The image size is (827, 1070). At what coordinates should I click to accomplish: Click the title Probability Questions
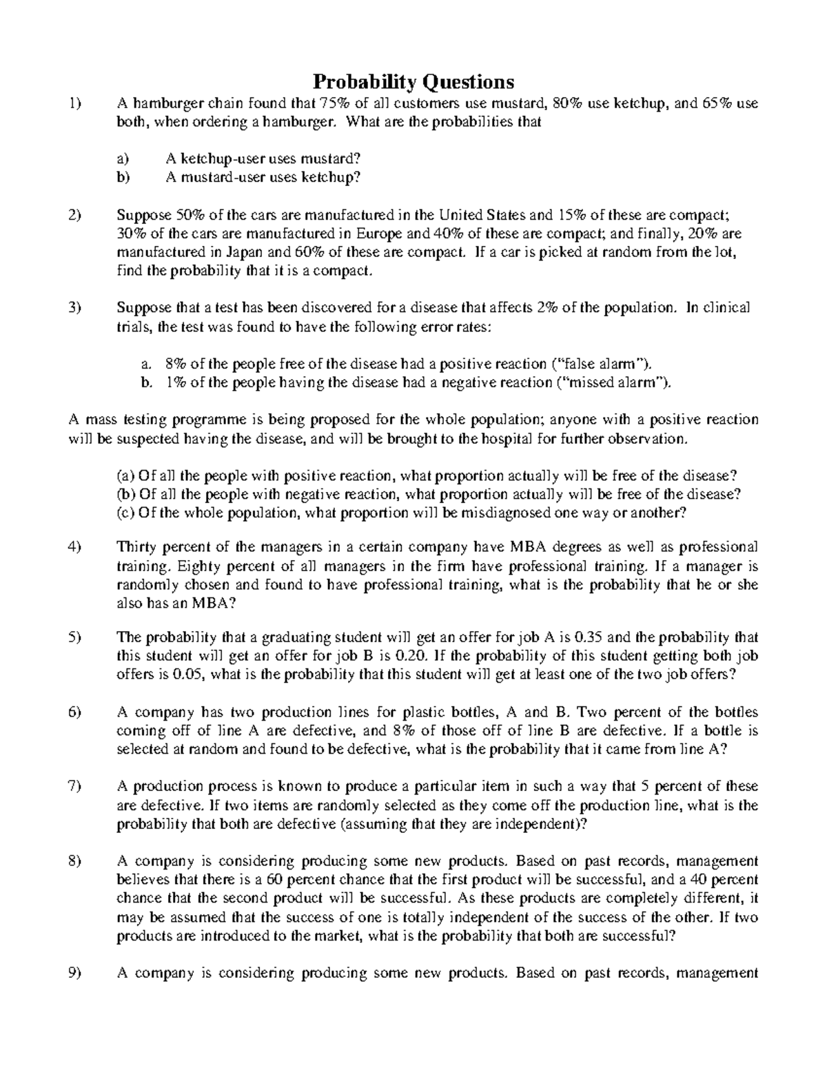tap(413, 82)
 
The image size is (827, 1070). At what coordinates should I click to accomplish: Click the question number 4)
tap(75, 547)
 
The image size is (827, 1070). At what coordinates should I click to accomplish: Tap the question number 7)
tap(75, 786)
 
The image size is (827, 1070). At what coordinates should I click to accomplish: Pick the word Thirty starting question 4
tap(136, 547)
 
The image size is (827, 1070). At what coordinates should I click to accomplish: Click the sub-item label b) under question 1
tap(123, 177)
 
